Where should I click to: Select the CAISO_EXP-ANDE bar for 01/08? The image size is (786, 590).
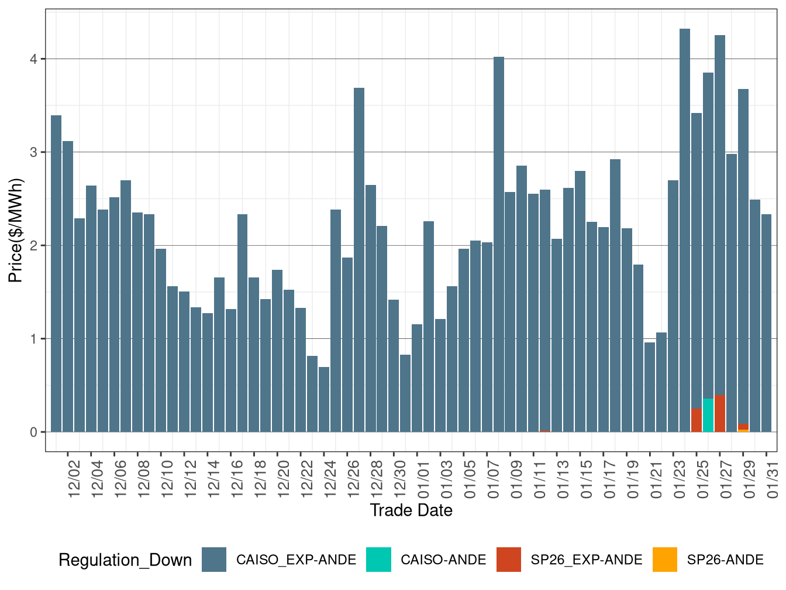point(498,246)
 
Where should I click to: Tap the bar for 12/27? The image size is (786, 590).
point(359,260)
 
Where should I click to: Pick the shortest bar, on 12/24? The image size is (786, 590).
point(324,400)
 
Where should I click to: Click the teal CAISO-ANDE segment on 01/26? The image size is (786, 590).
point(708,416)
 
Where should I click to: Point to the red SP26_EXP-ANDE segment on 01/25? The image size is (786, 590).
point(696,420)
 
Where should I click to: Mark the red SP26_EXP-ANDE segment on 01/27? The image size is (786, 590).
point(719,414)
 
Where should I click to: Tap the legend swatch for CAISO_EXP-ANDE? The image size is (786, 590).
point(214,560)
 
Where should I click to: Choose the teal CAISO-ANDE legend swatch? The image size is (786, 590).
point(378,560)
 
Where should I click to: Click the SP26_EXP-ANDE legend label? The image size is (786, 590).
point(586,560)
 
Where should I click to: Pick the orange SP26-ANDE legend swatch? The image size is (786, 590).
point(665,560)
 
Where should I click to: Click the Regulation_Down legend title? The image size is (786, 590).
point(125,560)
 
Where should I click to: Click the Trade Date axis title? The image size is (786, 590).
point(411,510)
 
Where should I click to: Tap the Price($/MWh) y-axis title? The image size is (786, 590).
point(15,230)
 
